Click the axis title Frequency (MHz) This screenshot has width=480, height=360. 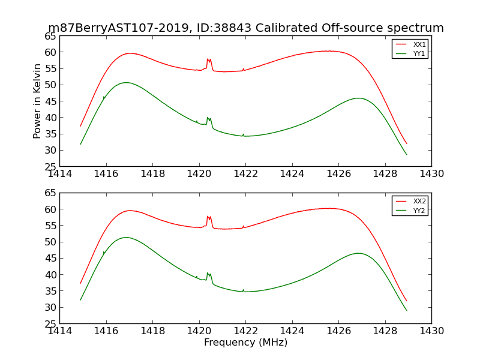245,343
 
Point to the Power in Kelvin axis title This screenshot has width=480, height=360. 37,101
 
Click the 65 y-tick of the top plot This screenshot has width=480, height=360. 50,36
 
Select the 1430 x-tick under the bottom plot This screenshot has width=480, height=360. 431,331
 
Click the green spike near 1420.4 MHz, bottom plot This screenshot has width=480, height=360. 208,274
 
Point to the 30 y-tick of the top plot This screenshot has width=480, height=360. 50,151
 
